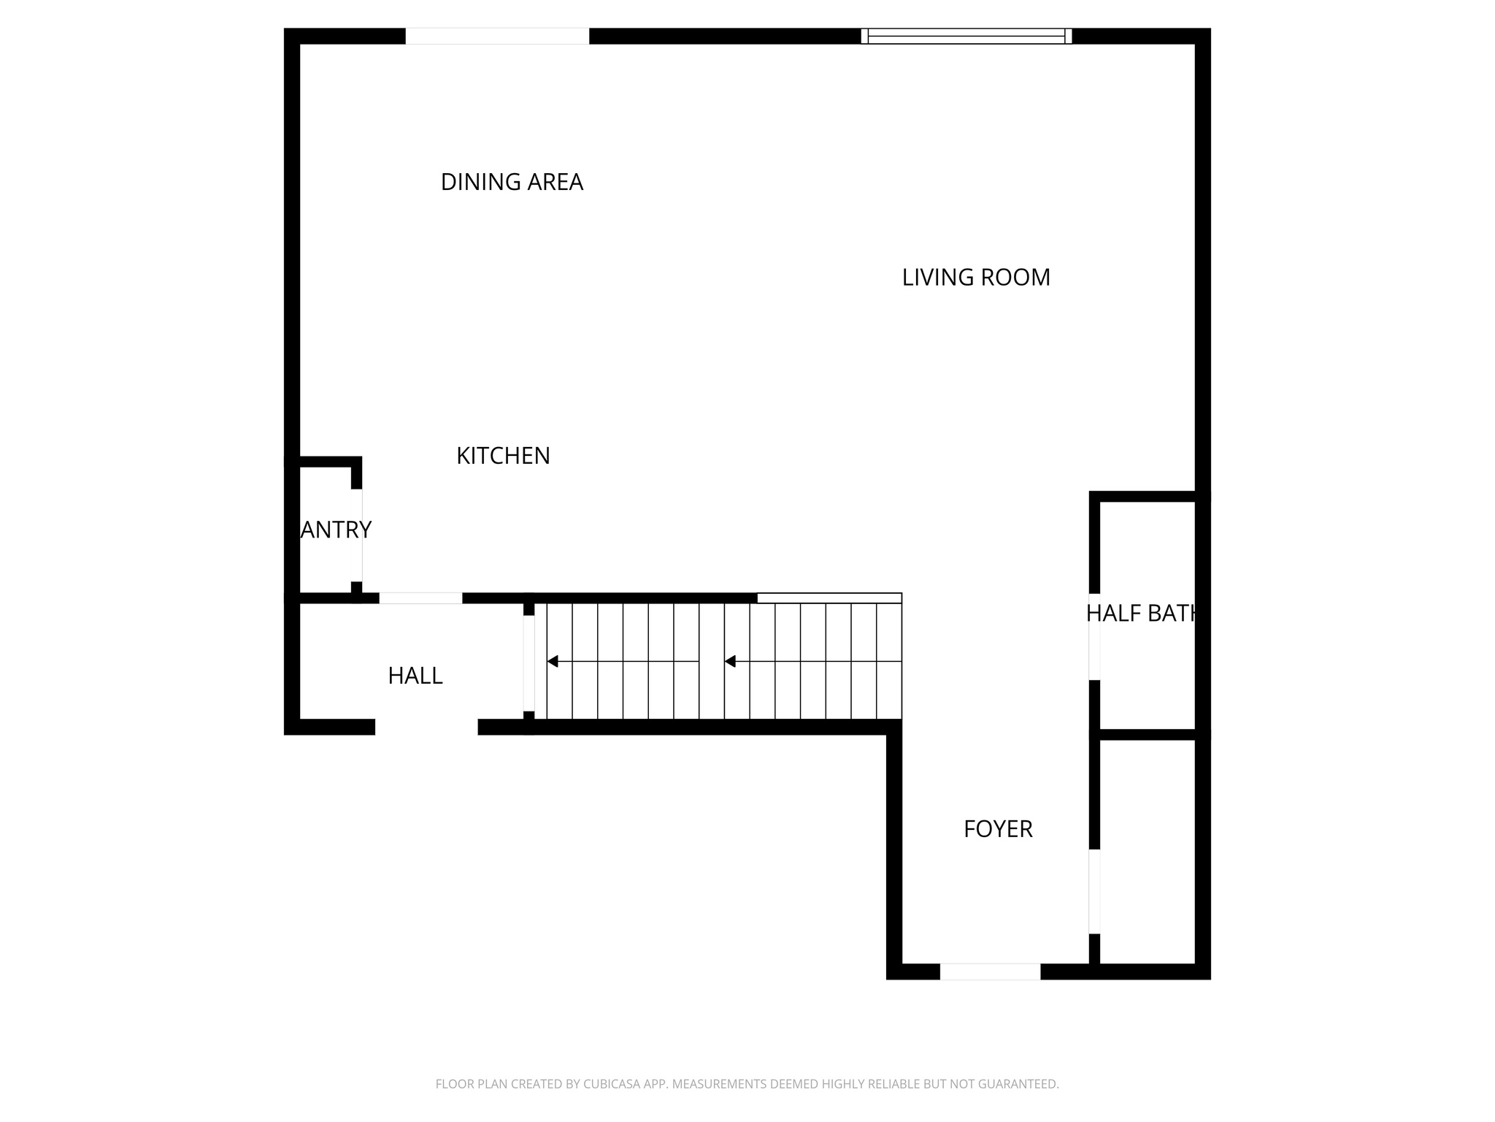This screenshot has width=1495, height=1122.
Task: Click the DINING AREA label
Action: coord(512,182)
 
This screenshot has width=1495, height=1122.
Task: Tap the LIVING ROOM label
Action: coord(976,278)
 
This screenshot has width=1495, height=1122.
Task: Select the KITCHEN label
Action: coord(503,456)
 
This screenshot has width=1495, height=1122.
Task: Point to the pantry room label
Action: coord(335,530)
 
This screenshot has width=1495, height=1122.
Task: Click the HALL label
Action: coord(415,676)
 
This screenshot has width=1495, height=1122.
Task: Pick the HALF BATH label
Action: coord(1142,614)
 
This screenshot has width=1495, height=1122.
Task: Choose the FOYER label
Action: coord(998,829)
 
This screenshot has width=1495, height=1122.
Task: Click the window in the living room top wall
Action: coord(966,36)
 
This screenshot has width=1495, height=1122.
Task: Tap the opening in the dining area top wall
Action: coord(497,36)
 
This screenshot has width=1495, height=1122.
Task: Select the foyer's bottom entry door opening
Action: coord(990,972)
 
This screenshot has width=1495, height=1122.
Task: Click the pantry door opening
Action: coord(357,535)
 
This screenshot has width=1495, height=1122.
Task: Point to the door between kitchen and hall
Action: coord(420,598)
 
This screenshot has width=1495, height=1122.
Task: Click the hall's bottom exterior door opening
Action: coord(426,727)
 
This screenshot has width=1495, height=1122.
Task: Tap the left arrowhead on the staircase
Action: coord(553,662)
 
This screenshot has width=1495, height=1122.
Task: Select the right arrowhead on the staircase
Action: coord(730,662)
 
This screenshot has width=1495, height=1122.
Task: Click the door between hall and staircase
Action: coord(529,663)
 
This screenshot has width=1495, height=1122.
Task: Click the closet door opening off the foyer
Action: coord(1094,891)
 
